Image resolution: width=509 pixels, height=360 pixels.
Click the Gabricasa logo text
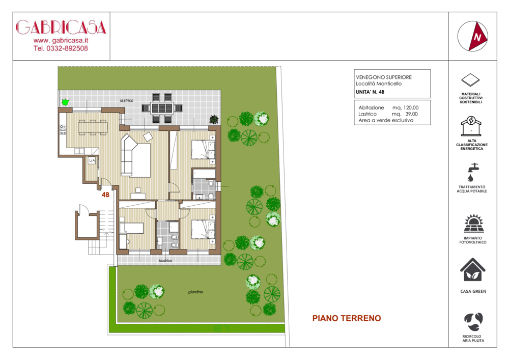(x=61, y=27)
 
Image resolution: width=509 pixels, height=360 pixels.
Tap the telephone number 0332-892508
(x=67, y=49)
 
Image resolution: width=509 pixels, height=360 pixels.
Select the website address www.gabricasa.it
(x=61, y=41)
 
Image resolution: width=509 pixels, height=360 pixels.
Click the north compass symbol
(x=473, y=36)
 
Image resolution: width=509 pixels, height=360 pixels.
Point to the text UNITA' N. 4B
(x=370, y=92)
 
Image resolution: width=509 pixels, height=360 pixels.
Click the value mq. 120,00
(x=406, y=107)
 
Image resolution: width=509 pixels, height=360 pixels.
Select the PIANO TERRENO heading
(x=347, y=318)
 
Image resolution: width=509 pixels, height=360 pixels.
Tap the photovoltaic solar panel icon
(x=473, y=224)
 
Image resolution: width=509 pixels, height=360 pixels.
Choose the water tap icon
(x=473, y=172)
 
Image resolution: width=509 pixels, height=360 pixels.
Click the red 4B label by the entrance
(x=105, y=195)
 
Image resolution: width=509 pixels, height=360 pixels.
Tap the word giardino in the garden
(x=196, y=292)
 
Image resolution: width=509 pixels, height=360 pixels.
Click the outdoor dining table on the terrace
(x=162, y=108)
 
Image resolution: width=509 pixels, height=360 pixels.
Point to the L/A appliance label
(x=92, y=161)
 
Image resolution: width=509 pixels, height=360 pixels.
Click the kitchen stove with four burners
(x=63, y=129)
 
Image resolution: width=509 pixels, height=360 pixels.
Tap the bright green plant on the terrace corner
(x=65, y=102)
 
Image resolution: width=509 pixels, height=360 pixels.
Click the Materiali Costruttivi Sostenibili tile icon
(x=470, y=80)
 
